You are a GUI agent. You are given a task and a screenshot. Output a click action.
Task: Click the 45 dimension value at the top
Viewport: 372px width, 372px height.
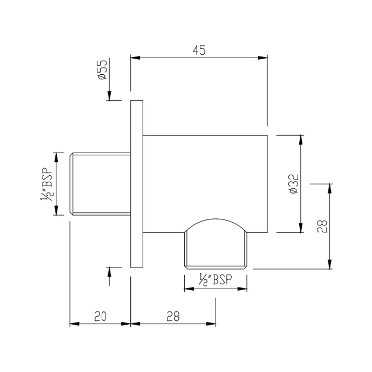point(199,50)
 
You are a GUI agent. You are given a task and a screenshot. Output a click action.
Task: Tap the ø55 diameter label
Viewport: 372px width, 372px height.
point(103,70)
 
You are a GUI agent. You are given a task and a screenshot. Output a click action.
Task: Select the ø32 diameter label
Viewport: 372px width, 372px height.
point(294,184)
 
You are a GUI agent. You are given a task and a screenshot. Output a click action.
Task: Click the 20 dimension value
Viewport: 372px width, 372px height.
point(100,316)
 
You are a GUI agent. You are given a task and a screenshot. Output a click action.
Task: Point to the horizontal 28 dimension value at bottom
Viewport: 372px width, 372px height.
point(173,316)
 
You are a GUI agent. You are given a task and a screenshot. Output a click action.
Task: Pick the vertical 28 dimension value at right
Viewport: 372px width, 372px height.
point(322,226)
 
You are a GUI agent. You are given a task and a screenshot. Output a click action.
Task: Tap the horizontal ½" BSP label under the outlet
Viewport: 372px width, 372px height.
point(215,280)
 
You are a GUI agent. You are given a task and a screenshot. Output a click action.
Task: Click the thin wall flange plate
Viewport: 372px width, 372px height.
point(137,184)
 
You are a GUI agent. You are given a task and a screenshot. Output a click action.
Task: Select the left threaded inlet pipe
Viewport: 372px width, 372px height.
point(100,184)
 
